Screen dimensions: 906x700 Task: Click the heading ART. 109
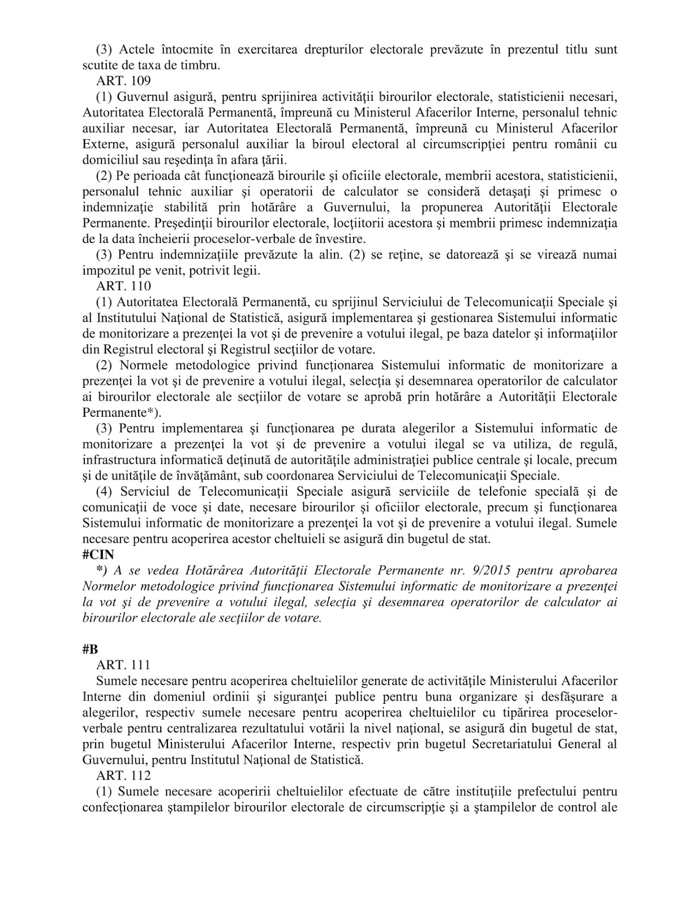tap(123, 80)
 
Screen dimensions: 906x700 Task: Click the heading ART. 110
tap(123, 286)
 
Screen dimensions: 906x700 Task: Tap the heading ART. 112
tap(123, 775)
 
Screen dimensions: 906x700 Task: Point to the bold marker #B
tap(90, 649)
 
